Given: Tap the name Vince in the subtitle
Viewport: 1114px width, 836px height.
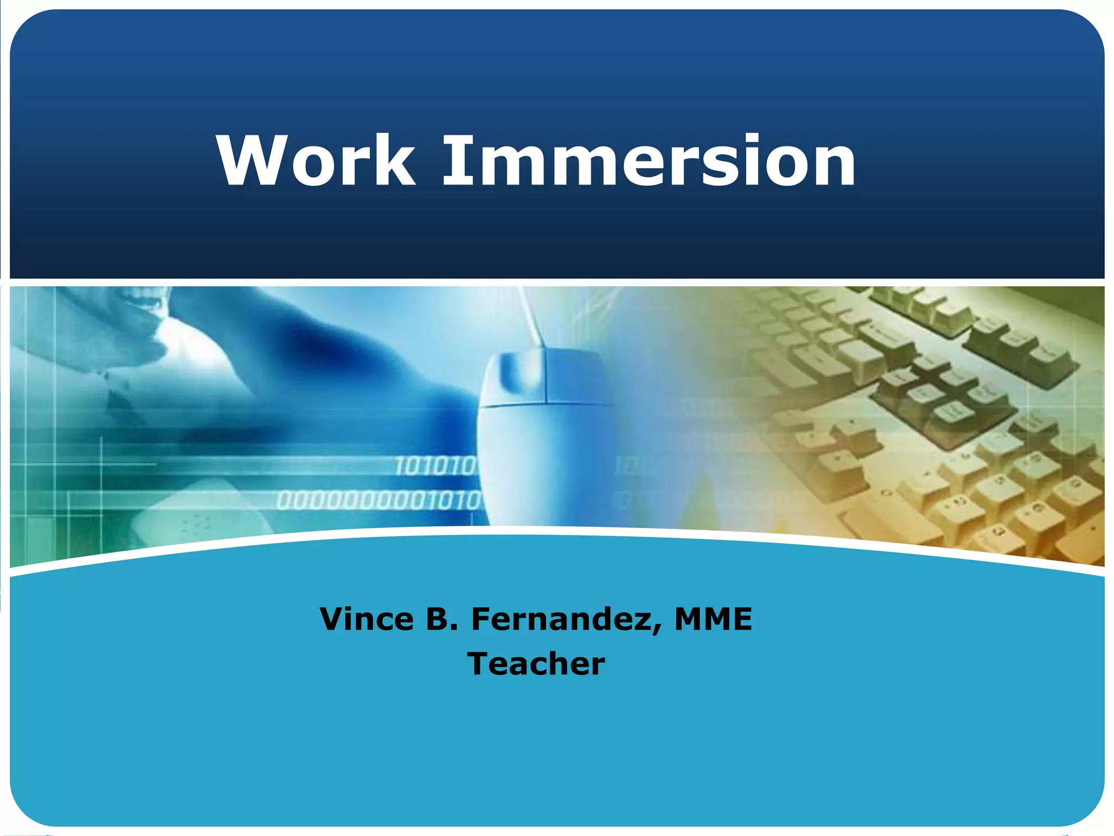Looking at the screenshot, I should pos(367,619).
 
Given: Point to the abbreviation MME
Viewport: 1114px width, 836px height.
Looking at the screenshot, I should pos(713,619).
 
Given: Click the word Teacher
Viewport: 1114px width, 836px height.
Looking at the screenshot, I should pos(536,664).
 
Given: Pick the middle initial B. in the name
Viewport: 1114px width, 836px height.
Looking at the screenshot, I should pos(442,619).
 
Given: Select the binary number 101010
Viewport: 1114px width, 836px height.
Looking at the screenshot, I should pos(435,466).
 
